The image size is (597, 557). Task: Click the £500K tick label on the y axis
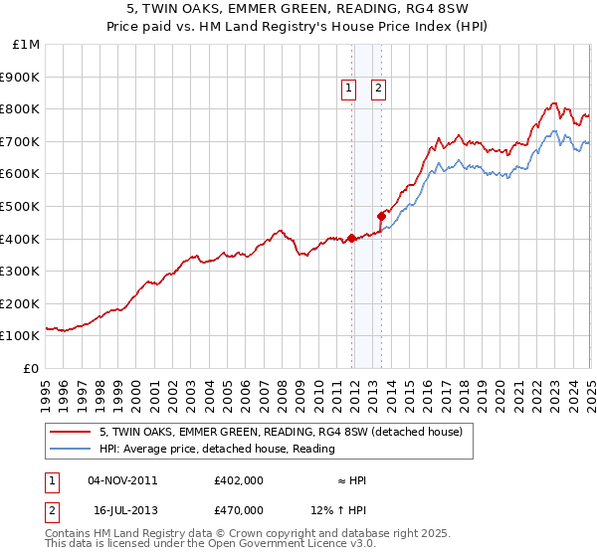tap(22, 206)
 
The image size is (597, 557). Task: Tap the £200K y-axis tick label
tap(22, 303)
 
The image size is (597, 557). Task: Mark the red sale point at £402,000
tap(351, 238)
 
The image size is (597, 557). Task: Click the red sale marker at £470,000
tap(381, 215)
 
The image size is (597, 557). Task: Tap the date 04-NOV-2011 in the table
tap(123, 480)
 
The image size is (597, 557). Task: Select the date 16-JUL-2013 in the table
tap(123, 509)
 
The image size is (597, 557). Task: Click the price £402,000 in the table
tap(239, 480)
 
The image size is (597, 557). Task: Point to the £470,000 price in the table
tap(239, 509)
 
